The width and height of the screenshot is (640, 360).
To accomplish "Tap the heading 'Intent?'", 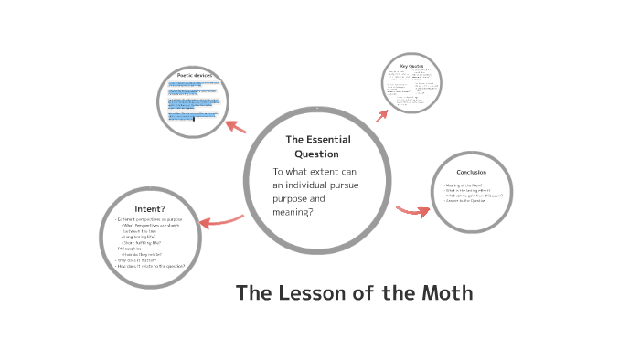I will [149, 209].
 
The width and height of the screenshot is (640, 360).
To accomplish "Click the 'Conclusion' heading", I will [471, 173].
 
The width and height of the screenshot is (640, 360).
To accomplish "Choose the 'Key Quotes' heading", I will [411, 66].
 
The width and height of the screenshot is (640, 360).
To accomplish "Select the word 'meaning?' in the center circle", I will [293, 212].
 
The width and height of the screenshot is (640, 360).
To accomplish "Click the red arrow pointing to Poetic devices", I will [235, 126].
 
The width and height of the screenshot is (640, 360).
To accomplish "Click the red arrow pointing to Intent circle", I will [219, 222].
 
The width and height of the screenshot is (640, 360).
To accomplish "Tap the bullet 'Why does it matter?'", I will [136, 259].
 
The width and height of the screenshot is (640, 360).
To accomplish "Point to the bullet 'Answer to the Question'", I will [466, 201].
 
